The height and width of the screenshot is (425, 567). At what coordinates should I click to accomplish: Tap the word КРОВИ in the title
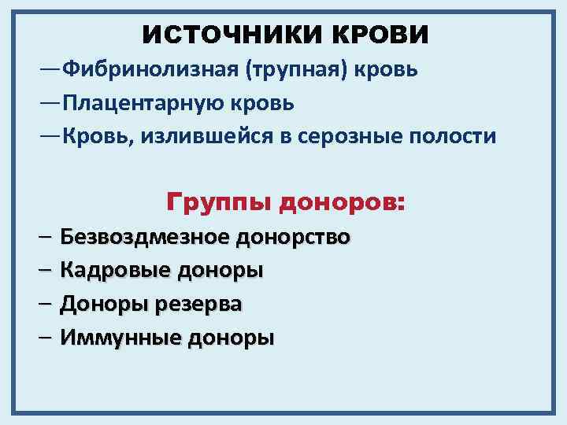click(x=379, y=35)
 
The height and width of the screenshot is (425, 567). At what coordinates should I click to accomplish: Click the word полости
click(x=457, y=136)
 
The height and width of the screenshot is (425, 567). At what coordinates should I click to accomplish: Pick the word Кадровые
click(x=114, y=270)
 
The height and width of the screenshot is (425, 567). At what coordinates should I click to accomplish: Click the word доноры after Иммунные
click(x=229, y=338)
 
